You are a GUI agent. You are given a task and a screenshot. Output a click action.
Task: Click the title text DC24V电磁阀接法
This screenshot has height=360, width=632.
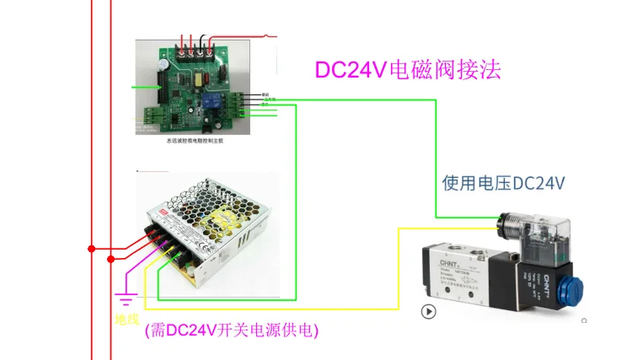(x=408, y=69)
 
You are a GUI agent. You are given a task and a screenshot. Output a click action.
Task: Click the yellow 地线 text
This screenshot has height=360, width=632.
(x=126, y=320)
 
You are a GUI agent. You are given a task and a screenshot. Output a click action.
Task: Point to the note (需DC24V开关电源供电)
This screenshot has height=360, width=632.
(x=231, y=330)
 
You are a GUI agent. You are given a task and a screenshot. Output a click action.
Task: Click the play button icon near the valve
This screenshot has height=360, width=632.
(x=429, y=311)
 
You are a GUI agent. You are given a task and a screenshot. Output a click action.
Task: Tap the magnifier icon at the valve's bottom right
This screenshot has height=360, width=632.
(x=584, y=320)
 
